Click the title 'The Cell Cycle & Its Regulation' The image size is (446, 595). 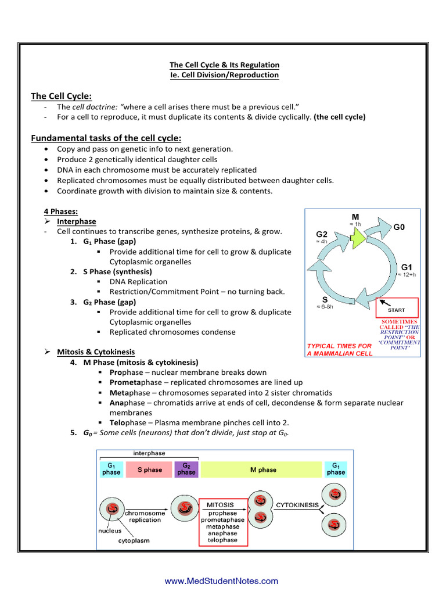click(x=224, y=65)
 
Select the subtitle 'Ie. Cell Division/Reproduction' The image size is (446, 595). click(x=224, y=75)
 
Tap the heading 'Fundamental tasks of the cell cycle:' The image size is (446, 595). click(x=106, y=138)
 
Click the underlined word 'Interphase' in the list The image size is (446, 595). click(x=77, y=221)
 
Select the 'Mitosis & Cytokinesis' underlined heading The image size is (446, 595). click(x=96, y=352)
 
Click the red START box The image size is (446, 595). click(x=397, y=309)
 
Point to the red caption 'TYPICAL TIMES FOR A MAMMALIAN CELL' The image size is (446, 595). click(x=340, y=349)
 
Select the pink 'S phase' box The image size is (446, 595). click(x=149, y=469)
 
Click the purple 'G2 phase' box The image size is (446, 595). click(x=186, y=469)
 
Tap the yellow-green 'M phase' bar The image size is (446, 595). click(x=262, y=469)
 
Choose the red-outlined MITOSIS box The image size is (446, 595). click(x=223, y=522)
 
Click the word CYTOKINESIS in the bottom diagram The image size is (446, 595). click(x=297, y=505)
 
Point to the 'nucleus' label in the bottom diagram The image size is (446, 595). click(x=109, y=531)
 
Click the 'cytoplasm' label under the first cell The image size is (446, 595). click(x=134, y=540)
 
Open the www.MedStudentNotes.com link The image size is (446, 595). click(x=221, y=581)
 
